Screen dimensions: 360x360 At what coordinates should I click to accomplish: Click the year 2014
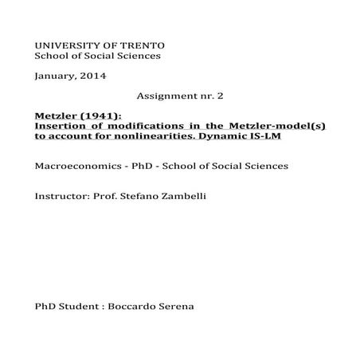[93, 76]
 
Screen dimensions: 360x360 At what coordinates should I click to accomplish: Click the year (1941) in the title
[98, 115]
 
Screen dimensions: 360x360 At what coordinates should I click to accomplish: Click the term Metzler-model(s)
[284, 126]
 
